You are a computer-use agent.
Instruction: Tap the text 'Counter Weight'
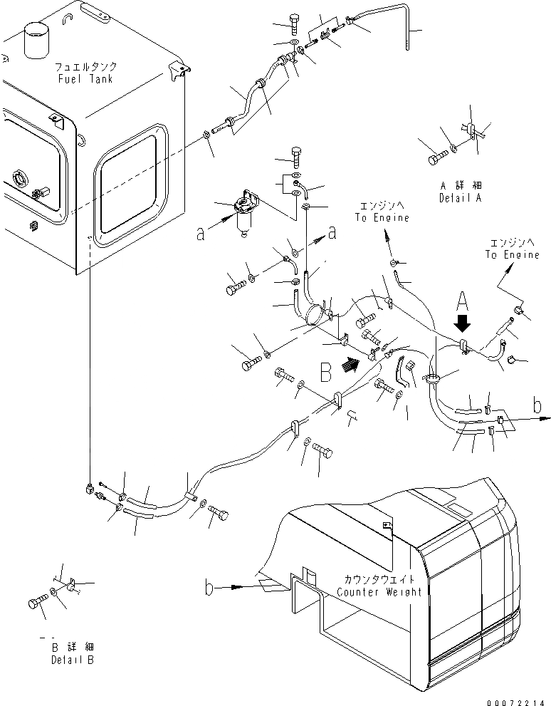(379, 591)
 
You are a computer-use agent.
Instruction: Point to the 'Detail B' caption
(72, 660)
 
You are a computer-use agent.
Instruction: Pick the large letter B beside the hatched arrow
(326, 370)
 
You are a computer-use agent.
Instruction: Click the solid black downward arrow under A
(462, 323)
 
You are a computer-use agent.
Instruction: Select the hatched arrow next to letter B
(350, 365)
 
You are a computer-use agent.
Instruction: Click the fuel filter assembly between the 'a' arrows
(244, 210)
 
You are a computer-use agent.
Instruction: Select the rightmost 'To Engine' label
(513, 255)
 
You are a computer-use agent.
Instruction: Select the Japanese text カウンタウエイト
(379, 579)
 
